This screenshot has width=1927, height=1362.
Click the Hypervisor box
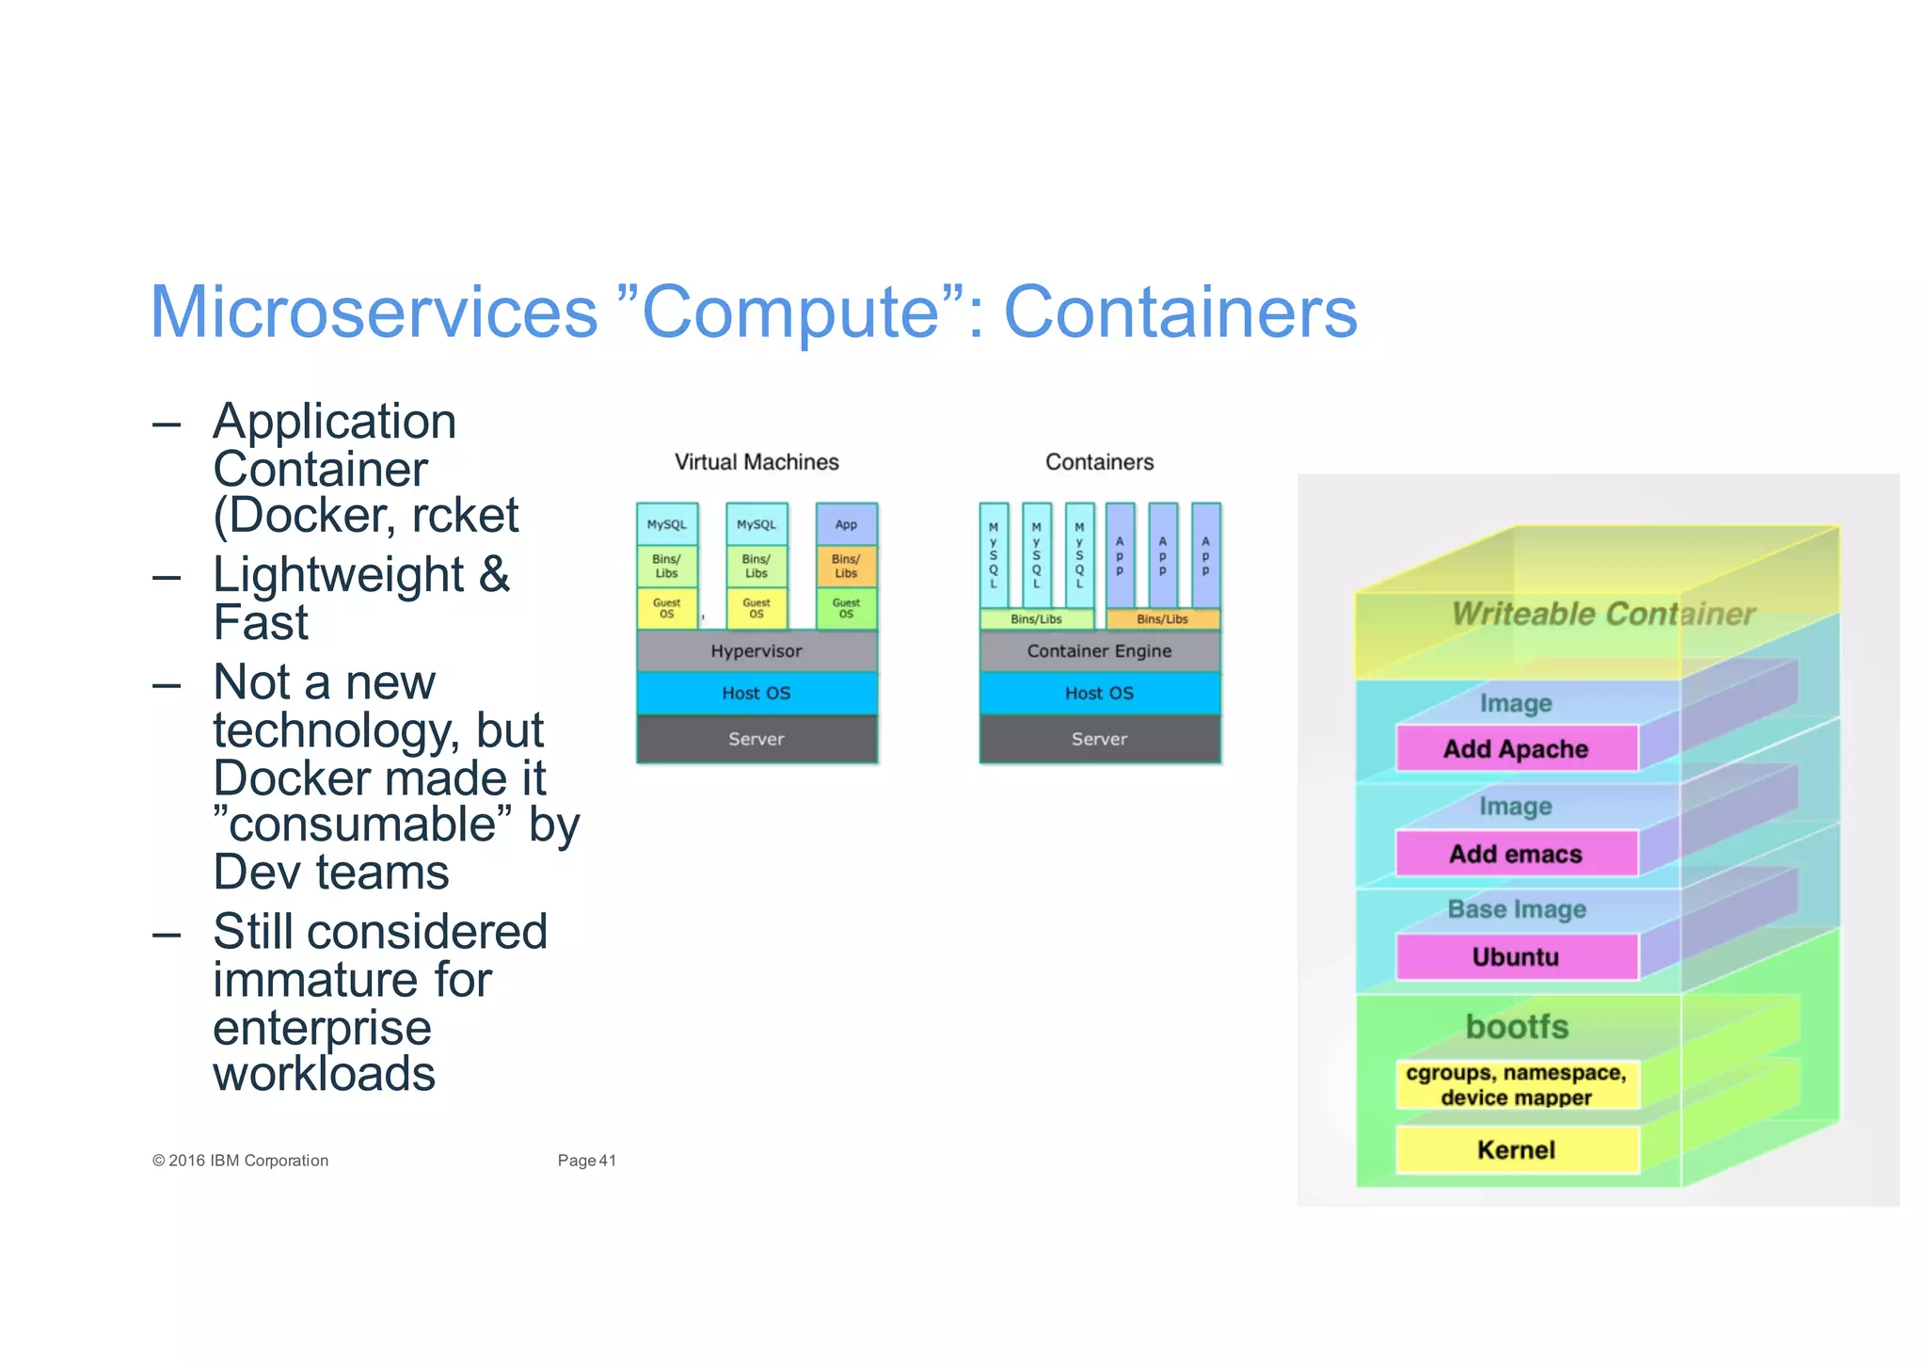coord(756,651)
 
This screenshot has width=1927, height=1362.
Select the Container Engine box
coord(1099,651)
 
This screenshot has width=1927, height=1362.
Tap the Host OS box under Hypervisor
coord(756,694)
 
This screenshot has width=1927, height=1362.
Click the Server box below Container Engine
coord(1099,740)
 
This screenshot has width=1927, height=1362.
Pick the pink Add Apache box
coord(1516,749)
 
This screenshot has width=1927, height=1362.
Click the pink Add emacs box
coord(1516,854)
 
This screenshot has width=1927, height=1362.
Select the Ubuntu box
coord(1516,957)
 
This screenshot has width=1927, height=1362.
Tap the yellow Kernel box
coord(1516,1150)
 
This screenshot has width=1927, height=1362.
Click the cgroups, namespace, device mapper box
coord(1516,1085)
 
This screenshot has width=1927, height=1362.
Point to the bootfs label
coord(1517,1026)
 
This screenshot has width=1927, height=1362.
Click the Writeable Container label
coord(1603,614)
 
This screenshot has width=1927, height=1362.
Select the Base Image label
coord(1517,909)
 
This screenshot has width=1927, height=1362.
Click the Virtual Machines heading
coord(756,462)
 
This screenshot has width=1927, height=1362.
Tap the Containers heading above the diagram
coord(1099,462)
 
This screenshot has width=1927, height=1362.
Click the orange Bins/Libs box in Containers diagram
coord(1162,619)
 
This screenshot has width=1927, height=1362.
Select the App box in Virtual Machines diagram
coord(846,525)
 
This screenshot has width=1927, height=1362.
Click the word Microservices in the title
coord(374,312)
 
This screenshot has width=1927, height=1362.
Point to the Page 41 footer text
coord(586,1161)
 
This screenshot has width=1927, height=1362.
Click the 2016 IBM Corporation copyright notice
coord(241,1161)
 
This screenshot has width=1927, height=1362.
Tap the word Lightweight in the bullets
coord(339,575)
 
